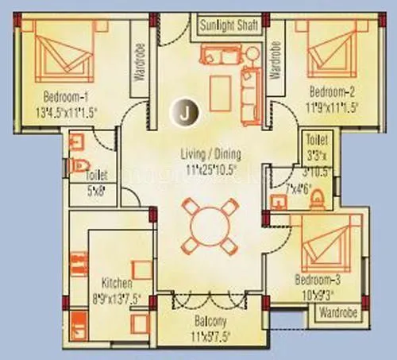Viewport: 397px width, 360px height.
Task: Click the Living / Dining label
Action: [x=210, y=154]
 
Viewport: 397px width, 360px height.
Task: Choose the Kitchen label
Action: [x=117, y=283]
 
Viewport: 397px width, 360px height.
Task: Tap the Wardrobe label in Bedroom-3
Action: [x=338, y=313]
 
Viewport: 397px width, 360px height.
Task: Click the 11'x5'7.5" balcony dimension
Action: [x=210, y=334]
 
